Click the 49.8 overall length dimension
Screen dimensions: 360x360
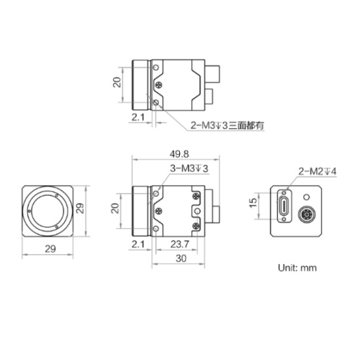pyautogui.click(x=179, y=154)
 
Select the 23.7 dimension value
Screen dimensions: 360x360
pyautogui.click(x=180, y=244)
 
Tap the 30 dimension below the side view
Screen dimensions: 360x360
pyautogui.click(x=181, y=258)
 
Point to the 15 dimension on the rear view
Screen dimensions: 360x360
pyautogui.click(x=253, y=203)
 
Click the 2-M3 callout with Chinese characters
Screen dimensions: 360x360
pyautogui.click(x=228, y=125)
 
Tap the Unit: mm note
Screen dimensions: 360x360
pyautogui.click(x=297, y=268)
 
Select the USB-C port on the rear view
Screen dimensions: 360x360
pyautogui.click(x=284, y=206)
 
